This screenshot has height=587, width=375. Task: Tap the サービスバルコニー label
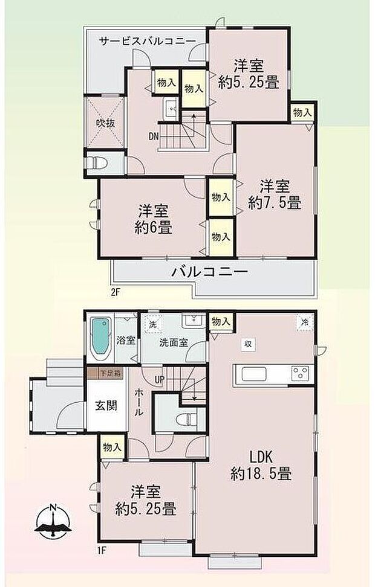(x=147, y=40)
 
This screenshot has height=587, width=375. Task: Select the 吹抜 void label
(x=105, y=123)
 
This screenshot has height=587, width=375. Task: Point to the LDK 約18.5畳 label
(x=261, y=466)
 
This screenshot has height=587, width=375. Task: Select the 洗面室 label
(x=174, y=342)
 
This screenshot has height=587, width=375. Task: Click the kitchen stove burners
(x=300, y=373)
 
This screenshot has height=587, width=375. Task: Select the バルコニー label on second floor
(x=210, y=272)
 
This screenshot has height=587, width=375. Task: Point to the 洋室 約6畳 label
(x=153, y=220)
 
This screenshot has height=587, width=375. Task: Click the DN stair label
(x=154, y=136)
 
